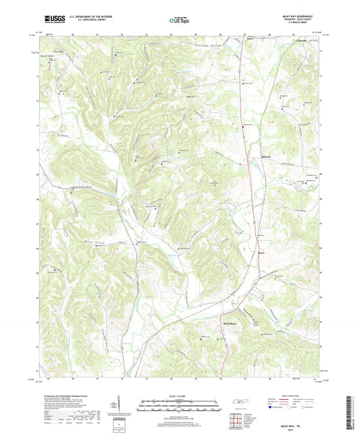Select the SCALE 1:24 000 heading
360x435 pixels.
180,396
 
